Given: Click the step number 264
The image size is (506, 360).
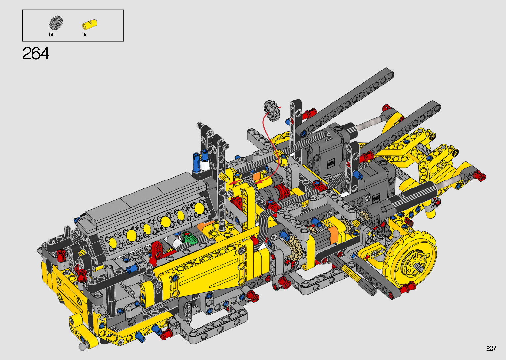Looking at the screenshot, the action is click(36, 53).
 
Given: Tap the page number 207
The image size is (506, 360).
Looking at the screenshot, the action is click(491, 348).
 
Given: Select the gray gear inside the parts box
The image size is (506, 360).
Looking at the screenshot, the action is click(56, 22).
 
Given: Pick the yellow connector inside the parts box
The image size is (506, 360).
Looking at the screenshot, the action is click(90, 24).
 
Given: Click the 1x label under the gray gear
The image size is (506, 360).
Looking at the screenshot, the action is click(51, 35).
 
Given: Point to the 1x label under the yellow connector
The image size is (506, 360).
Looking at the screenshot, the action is click(84, 35).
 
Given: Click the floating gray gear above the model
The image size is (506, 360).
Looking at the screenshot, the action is click(272, 110).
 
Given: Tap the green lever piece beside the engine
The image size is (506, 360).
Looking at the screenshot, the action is click(189, 237).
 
